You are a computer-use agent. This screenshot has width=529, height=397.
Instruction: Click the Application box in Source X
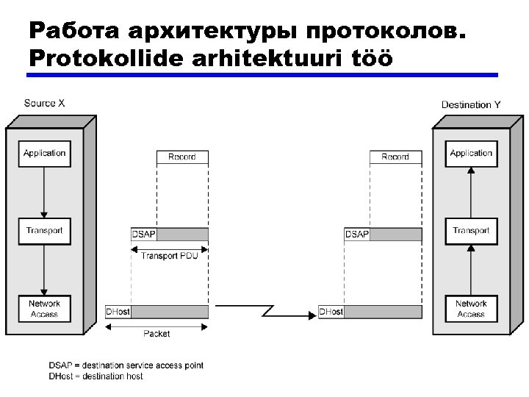[x=44, y=154]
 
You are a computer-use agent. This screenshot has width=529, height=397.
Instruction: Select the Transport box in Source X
[x=44, y=231]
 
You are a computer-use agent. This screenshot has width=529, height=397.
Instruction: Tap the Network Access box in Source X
[x=44, y=309]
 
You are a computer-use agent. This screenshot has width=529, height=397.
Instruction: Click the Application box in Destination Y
[x=471, y=154]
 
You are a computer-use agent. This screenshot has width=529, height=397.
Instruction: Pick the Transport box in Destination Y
[x=471, y=231]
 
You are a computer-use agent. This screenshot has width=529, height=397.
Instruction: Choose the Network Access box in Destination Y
[x=471, y=309]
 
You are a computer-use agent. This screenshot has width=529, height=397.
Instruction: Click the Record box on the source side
[x=182, y=157]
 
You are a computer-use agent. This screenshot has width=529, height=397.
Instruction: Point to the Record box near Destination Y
[x=395, y=157]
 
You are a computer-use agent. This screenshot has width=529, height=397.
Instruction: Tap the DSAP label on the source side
[x=144, y=235]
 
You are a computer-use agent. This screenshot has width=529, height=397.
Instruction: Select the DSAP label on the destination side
[x=357, y=235]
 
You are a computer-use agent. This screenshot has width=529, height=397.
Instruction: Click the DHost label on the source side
[x=118, y=312]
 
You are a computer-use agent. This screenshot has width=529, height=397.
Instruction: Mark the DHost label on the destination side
[x=331, y=312]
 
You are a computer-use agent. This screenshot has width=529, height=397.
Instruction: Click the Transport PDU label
[x=170, y=256]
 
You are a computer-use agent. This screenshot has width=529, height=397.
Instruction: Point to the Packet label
[x=156, y=334]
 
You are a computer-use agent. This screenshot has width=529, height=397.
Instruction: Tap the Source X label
[x=45, y=103]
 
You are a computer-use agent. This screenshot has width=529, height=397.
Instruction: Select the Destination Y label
[x=471, y=105]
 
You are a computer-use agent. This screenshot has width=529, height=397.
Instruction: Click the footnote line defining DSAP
[x=126, y=365]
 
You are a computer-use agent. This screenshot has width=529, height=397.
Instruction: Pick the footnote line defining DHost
[x=96, y=376]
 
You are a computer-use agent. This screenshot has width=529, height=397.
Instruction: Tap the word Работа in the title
[x=74, y=32]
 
